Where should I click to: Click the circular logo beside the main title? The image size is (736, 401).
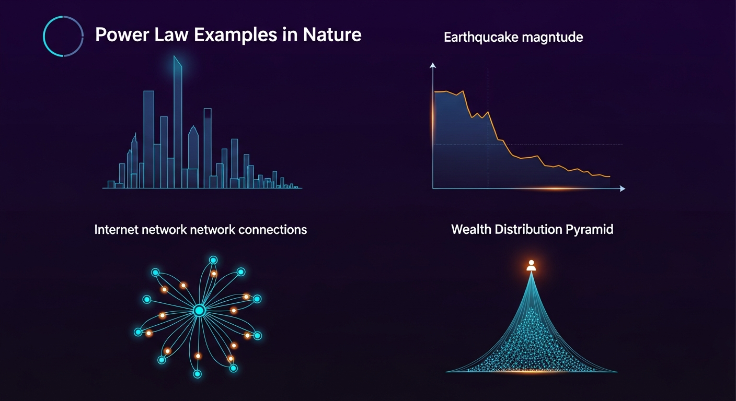coord(63,36)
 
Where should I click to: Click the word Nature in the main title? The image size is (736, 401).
coord(332,35)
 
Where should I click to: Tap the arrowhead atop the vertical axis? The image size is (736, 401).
coord(432,65)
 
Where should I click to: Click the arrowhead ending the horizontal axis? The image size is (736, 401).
coord(622,188)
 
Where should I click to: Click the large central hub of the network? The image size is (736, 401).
coord(199,311)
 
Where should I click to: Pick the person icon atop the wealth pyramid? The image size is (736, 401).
coord(531,265)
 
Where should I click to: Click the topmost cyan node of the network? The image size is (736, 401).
coord(213,260)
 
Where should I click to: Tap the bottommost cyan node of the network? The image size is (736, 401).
coord(197,374)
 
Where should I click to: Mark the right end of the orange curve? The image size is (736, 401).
coord(609,176)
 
